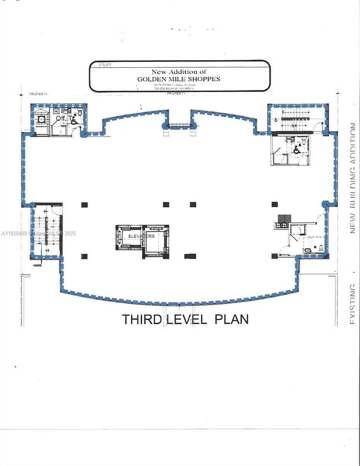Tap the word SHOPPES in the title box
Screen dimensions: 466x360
[x=206, y=79]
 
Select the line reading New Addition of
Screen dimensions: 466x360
[x=179, y=71]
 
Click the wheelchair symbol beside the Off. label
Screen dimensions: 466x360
[x=73, y=121]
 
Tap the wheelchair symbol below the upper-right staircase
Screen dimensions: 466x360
[x=296, y=150]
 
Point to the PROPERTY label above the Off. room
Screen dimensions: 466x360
[x=39, y=94]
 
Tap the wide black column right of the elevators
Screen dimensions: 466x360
[x=190, y=256]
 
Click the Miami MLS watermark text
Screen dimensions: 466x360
[x=39, y=233]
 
